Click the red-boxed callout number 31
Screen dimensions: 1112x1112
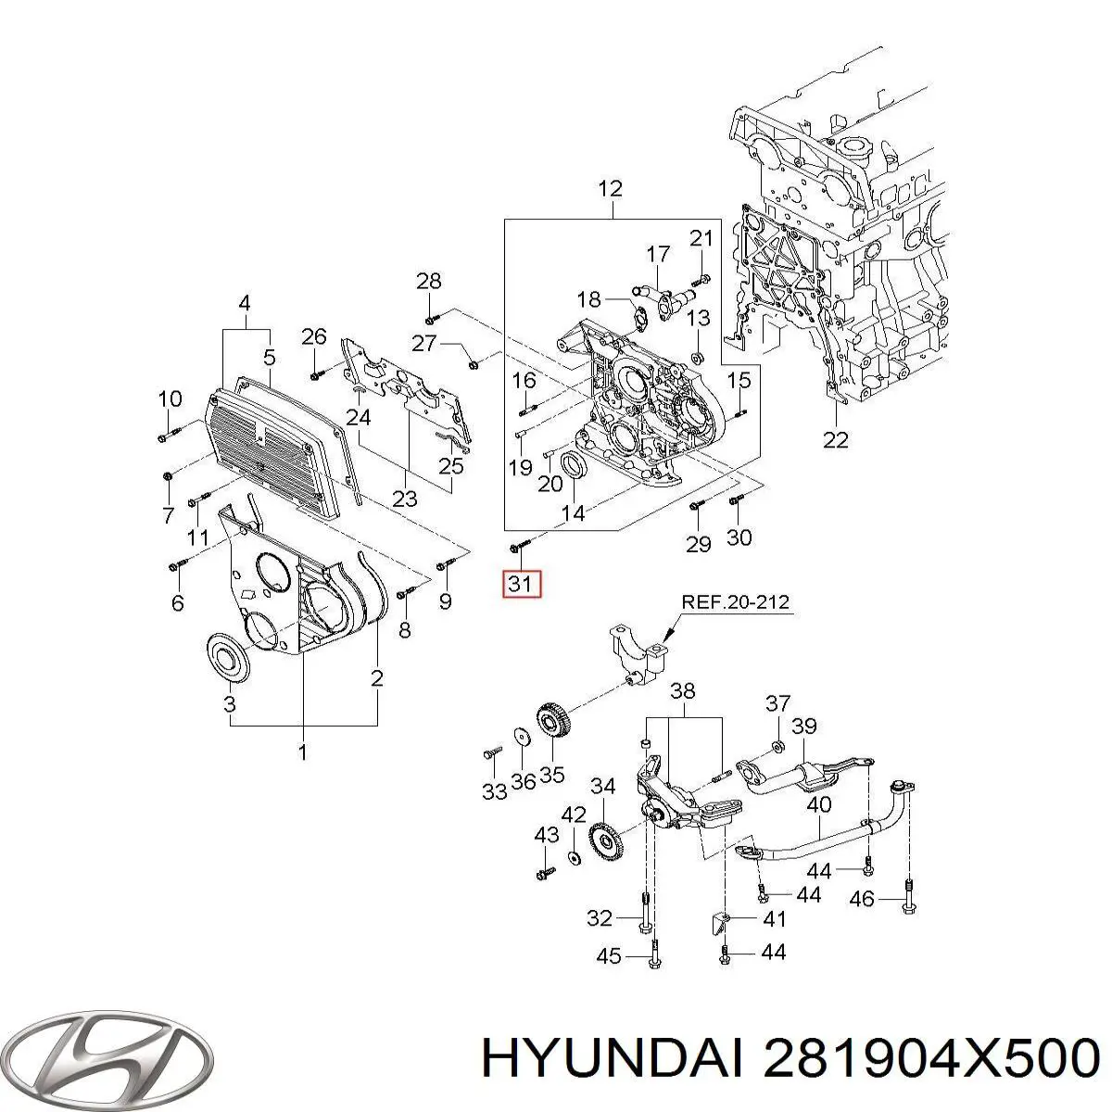520,585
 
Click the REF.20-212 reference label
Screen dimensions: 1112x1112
736,601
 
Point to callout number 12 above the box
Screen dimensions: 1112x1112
610,189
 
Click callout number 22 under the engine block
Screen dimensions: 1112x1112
836,439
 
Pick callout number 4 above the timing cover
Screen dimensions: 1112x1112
245,302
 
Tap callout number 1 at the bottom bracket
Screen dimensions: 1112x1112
303,752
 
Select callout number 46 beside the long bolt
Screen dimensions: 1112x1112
862,898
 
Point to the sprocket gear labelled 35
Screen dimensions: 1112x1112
552,724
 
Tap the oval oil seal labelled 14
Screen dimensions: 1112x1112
575,468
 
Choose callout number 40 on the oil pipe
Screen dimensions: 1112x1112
819,805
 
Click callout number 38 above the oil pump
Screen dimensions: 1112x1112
683,691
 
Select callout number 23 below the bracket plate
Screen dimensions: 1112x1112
405,498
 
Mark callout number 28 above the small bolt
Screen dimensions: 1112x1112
429,281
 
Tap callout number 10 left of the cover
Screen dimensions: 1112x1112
170,399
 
